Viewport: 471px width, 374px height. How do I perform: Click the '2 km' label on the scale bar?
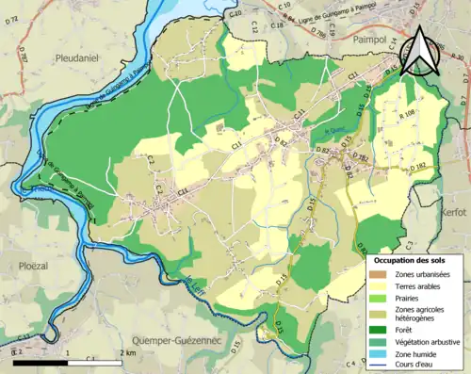127,352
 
